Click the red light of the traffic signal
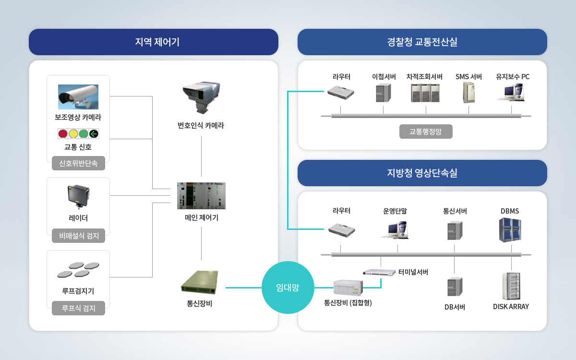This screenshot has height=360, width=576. [x=63, y=134]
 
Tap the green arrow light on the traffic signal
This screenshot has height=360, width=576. [x=94, y=134]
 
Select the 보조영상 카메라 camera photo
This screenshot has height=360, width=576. [x=78, y=97]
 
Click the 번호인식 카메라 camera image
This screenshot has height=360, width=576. [x=201, y=97]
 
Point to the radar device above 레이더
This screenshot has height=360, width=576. [x=78, y=197]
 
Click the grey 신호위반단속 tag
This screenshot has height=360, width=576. [x=78, y=163]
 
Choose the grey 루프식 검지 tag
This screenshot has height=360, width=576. [x=78, y=308]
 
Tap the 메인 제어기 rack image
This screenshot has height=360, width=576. [x=201, y=196]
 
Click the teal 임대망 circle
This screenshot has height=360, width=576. [x=288, y=288]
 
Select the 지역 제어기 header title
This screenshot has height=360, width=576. [x=157, y=42]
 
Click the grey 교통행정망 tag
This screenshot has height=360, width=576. [x=426, y=132]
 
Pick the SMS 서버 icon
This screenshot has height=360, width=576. [x=469, y=93]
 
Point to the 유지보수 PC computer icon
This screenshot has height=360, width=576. [x=511, y=92]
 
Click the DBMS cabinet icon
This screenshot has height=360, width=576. [x=510, y=230]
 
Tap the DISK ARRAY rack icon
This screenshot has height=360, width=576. [x=511, y=286]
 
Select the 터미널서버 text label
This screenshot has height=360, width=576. [x=413, y=272]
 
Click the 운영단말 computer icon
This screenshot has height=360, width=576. [x=395, y=230]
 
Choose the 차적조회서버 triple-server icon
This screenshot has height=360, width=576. [x=425, y=93]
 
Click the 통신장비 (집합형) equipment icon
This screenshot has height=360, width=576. [x=348, y=288]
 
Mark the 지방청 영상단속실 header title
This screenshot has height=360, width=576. [x=422, y=173]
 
